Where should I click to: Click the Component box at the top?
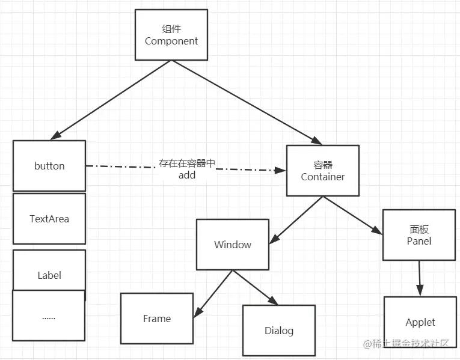[x=171, y=35]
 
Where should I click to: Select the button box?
[x=49, y=166]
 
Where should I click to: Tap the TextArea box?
[x=49, y=219]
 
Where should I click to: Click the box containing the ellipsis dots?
[x=49, y=316]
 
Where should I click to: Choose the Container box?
[x=323, y=171]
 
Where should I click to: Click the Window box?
[x=232, y=245]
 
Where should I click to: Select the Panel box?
[x=419, y=235]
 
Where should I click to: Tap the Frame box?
[x=157, y=319]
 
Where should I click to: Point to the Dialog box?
[x=279, y=331]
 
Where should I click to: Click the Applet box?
[x=420, y=322]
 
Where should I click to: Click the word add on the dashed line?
[x=187, y=175]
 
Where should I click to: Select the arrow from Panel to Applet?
[x=420, y=276]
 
